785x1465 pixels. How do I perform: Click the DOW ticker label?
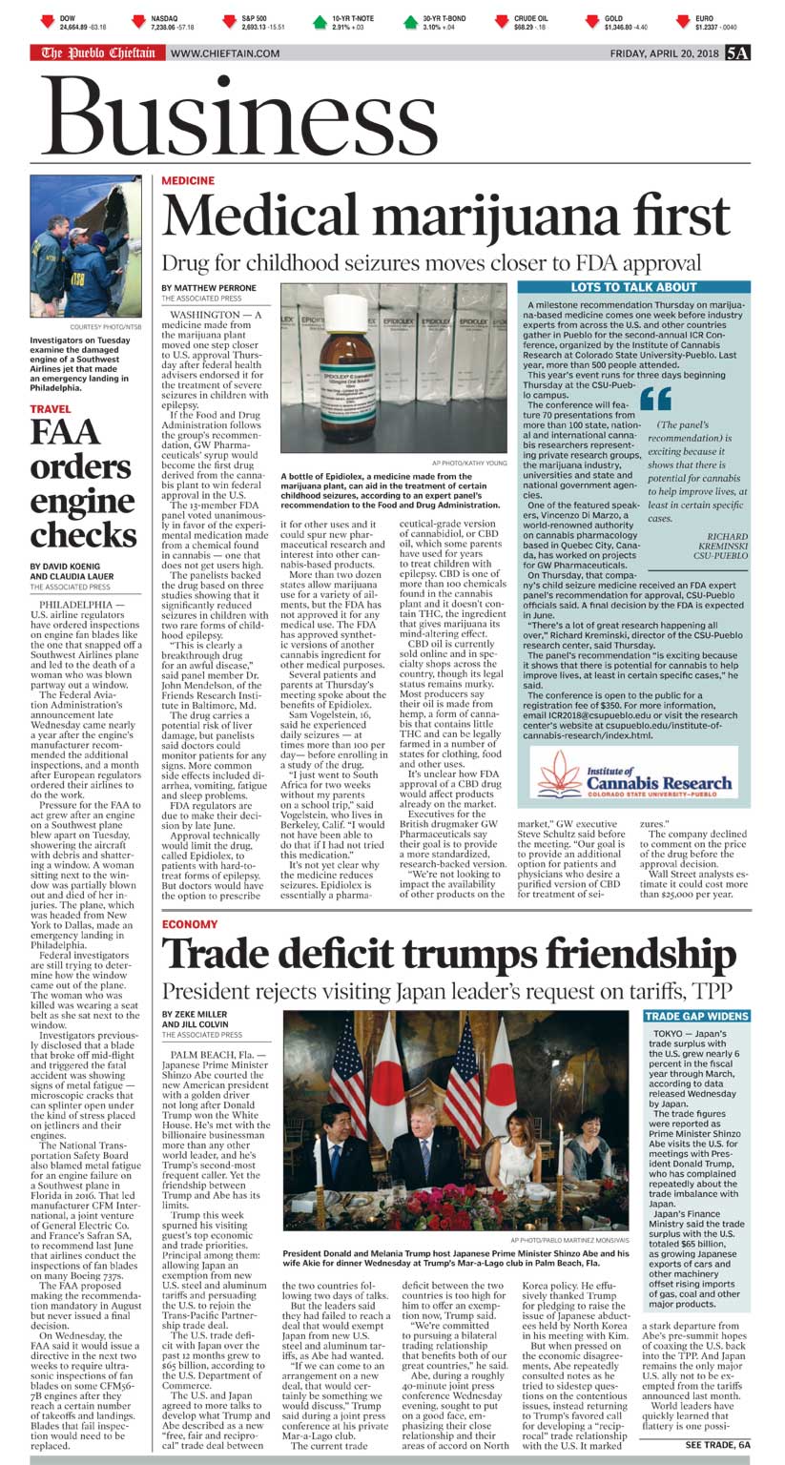pos(67,18)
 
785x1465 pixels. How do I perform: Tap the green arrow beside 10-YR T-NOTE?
pos(320,21)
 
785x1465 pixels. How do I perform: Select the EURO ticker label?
pos(703,18)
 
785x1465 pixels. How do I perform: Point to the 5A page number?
pos(736,53)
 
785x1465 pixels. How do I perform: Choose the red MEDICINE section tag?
pos(188,180)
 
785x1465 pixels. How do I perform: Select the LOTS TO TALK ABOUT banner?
pos(633,287)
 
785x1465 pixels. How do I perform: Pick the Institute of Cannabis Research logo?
pos(633,774)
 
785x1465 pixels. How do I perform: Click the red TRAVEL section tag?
pos(50,409)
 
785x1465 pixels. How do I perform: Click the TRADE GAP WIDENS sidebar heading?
pos(696,1017)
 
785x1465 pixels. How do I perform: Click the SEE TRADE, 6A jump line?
pos(717,1445)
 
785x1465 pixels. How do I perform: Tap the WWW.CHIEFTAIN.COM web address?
pos(225,53)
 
